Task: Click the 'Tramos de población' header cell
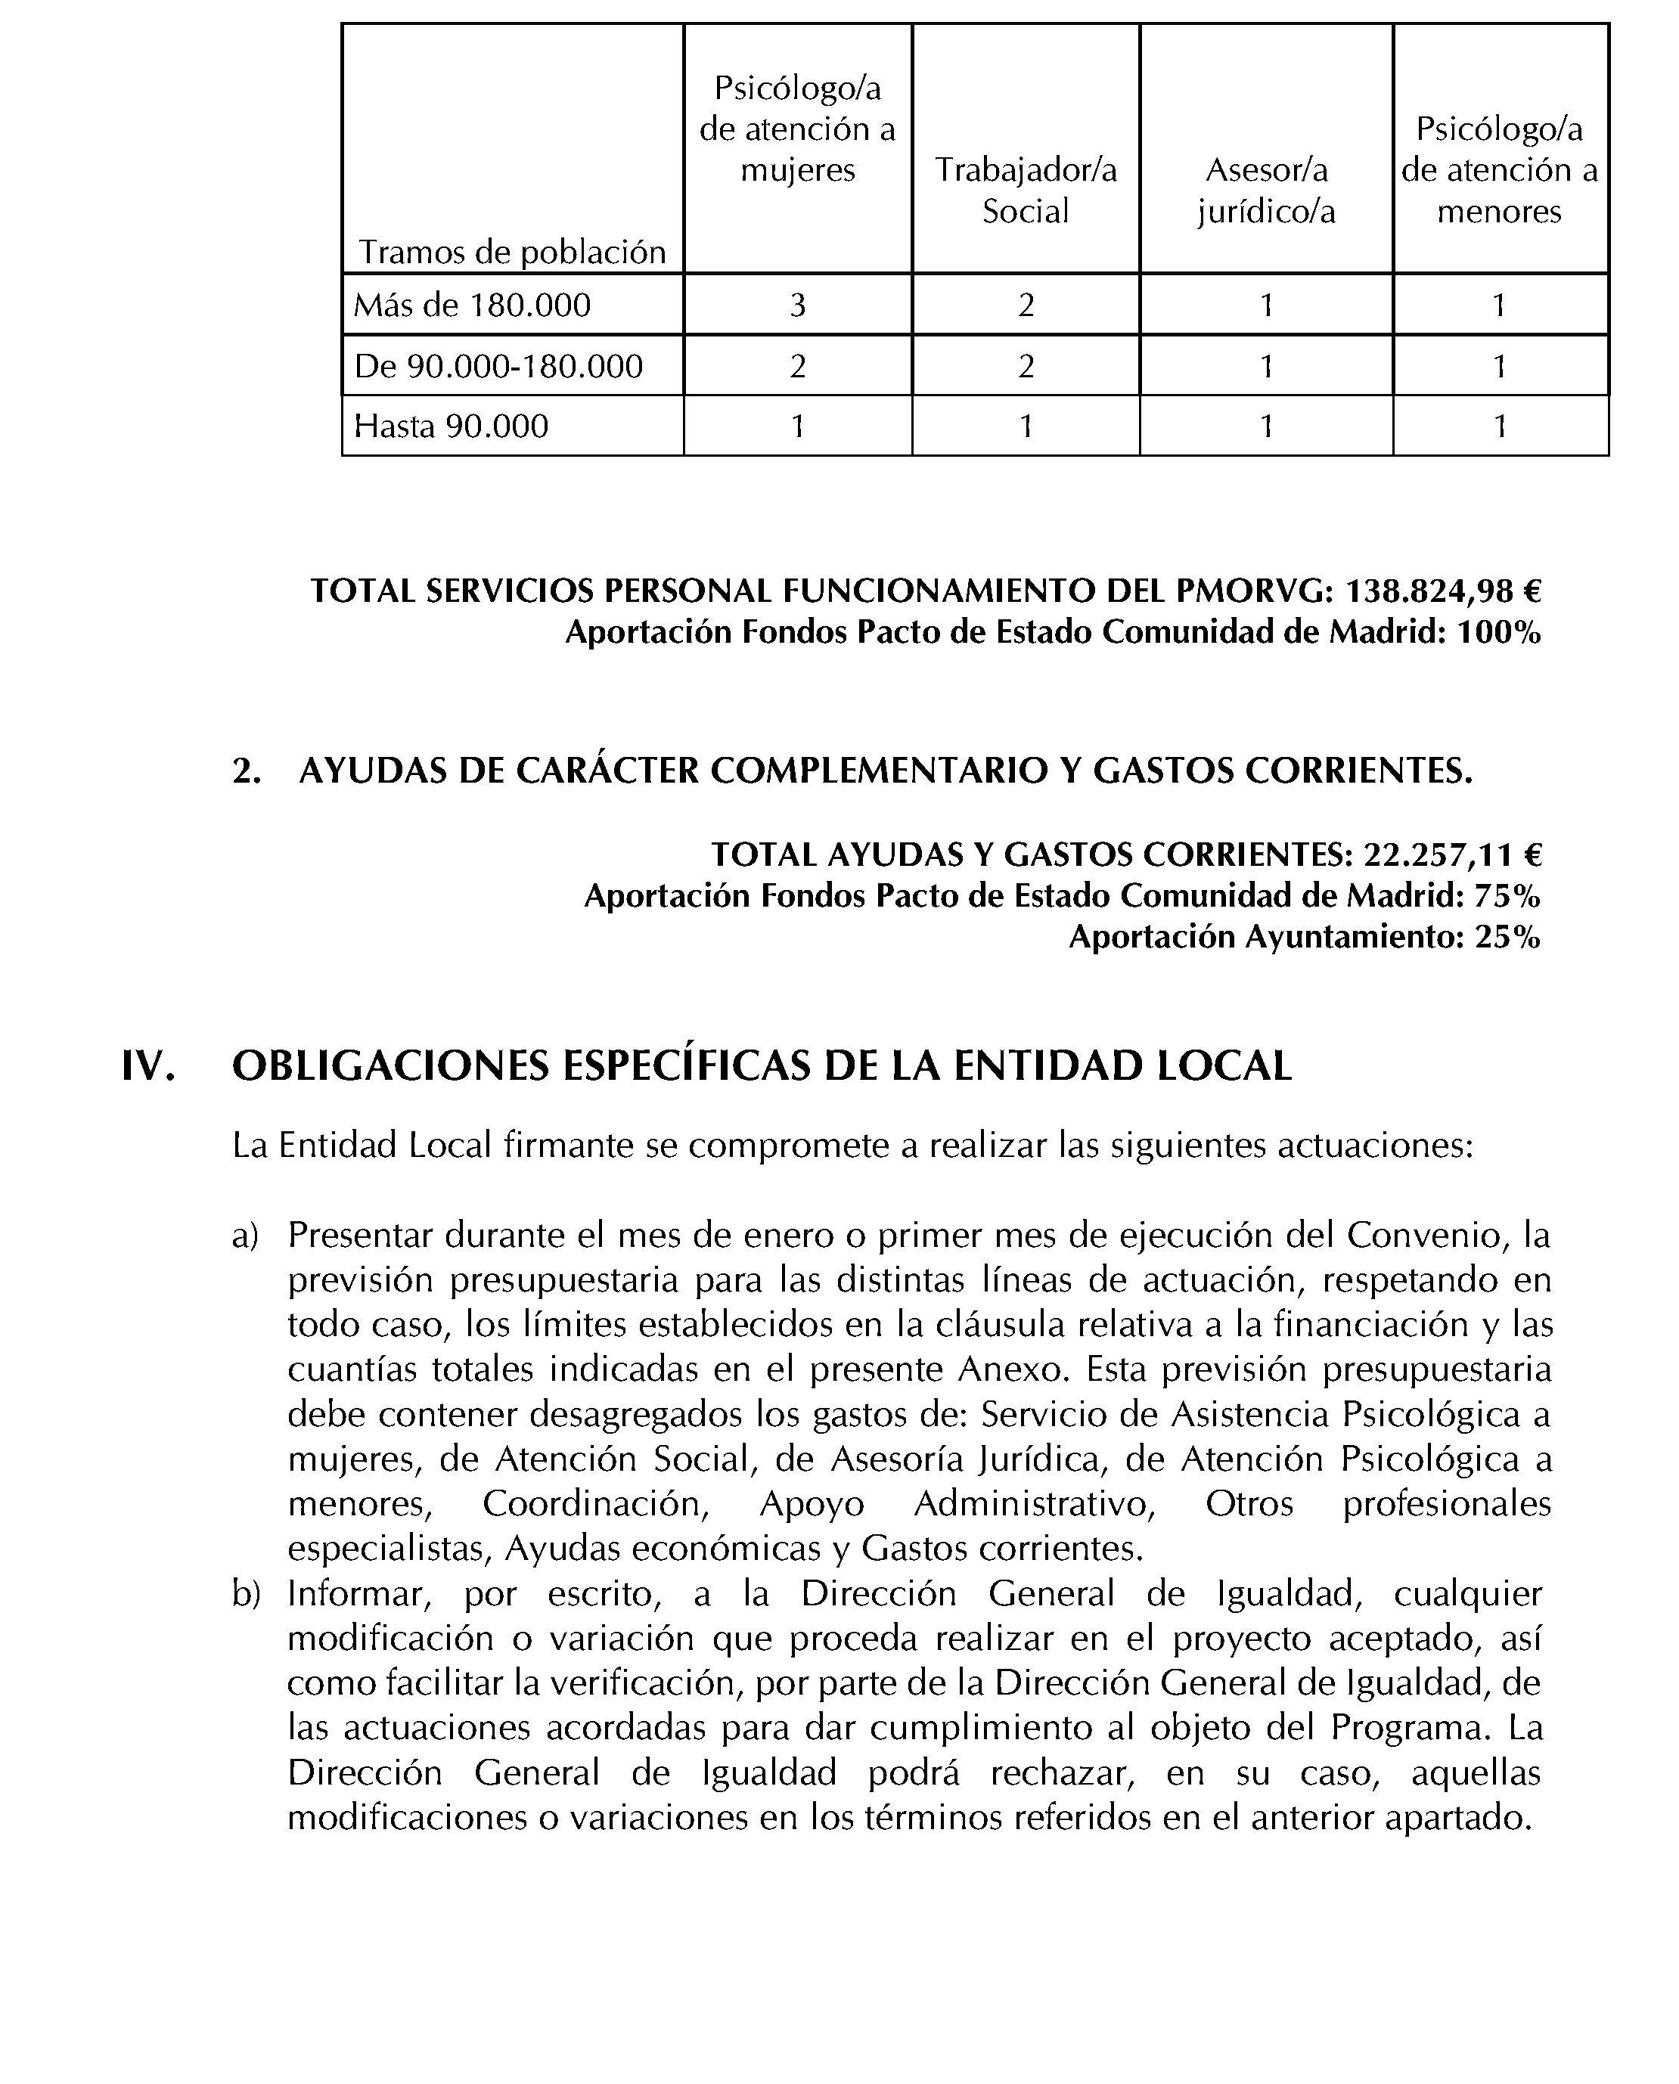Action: click(x=513, y=253)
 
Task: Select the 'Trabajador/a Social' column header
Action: click(x=1026, y=191)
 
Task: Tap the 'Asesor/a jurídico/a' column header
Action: click(x=1266, y=191)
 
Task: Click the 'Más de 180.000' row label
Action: click(x=472, y=305)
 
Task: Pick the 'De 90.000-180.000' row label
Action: click(x=498, y=367)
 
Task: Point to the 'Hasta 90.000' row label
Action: click(x=451, y=426)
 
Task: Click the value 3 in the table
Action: click(x=797, y=305)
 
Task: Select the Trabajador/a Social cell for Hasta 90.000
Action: click(x=1026, y=426)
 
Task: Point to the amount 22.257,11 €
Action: click(x=1451, y=855)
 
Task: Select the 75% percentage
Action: click(x=1506, y=897)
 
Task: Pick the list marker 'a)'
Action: click(x=245, y=1236)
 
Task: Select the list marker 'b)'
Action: click(x=246, y=1595)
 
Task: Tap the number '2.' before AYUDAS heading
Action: click(x=247, y=771)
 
